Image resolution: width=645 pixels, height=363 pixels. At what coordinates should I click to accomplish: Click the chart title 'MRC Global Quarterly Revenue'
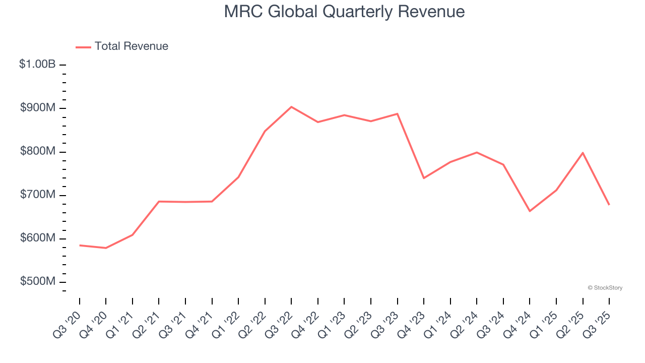pos(344,12)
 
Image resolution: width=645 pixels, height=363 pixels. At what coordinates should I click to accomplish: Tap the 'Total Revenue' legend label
pos(131,46)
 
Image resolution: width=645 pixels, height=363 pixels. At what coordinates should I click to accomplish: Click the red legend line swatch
pos(83,47)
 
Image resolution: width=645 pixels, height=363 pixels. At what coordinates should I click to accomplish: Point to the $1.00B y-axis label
pos(37,65)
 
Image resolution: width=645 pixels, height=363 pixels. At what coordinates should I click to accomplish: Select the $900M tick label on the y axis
pos(38,108)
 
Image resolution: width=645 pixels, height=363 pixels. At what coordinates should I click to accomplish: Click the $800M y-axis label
pos(38,151)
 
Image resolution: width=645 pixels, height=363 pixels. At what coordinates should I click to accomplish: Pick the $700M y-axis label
pos(38,195)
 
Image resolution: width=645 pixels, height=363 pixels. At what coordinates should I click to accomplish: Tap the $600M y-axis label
pos(38,238)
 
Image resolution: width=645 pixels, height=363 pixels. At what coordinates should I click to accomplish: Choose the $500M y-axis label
pos(38,281)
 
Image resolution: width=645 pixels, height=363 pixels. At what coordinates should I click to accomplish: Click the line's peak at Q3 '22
pos(291,107)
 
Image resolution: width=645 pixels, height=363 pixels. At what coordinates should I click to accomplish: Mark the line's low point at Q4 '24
pos(530,211)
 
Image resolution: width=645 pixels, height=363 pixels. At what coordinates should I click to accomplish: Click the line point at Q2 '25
pos(583,153)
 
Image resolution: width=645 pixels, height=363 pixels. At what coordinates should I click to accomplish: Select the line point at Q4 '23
pos(424,178)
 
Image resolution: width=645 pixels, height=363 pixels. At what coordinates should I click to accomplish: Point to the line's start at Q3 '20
pos(80,246)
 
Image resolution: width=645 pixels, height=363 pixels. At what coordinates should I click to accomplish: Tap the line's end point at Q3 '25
pos(609,204)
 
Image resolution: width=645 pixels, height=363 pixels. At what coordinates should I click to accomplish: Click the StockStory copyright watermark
pos(605,288)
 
